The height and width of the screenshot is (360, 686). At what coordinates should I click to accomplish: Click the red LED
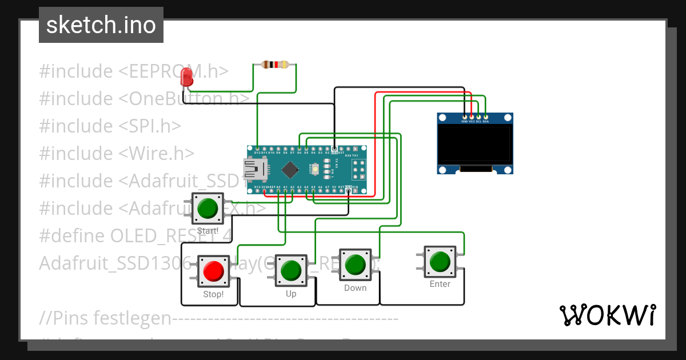186,77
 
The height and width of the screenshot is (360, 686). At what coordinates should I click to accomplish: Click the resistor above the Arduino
275,65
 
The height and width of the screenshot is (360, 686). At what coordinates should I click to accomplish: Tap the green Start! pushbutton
208,209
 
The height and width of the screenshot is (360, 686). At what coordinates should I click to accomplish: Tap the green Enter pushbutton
440,261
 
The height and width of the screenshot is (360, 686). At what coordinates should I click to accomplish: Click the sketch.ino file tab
101,25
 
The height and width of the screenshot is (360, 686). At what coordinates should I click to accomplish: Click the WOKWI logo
608,315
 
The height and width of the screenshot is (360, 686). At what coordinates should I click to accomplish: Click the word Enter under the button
440,284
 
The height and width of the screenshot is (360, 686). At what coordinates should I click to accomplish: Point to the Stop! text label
213,295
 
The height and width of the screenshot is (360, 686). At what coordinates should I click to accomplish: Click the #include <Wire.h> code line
117,153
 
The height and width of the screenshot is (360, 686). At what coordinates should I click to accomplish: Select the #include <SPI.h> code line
110,126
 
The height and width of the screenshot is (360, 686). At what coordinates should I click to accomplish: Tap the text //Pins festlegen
105,318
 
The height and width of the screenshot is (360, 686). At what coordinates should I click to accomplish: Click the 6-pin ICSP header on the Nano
359,169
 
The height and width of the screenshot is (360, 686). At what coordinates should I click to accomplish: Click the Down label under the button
355,288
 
